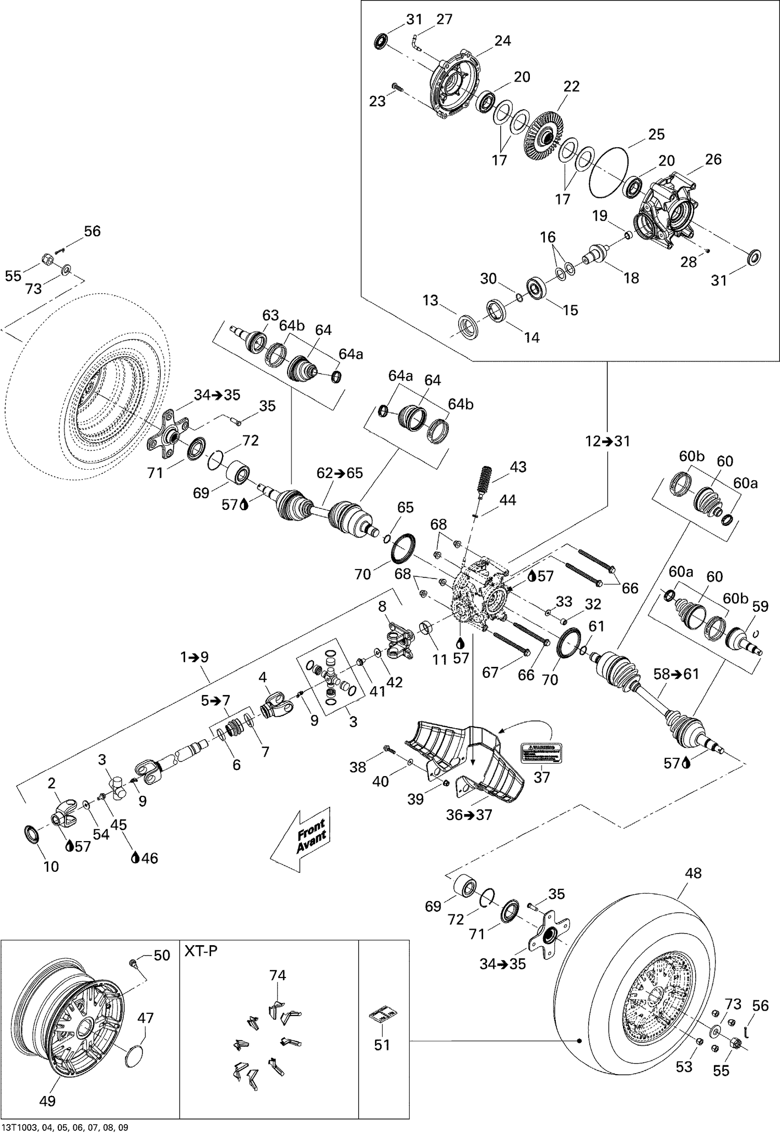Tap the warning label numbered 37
click(542, 752)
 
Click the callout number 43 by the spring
click(518, 467)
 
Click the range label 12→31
click(607, 442)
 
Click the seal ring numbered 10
click(32, 834)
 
